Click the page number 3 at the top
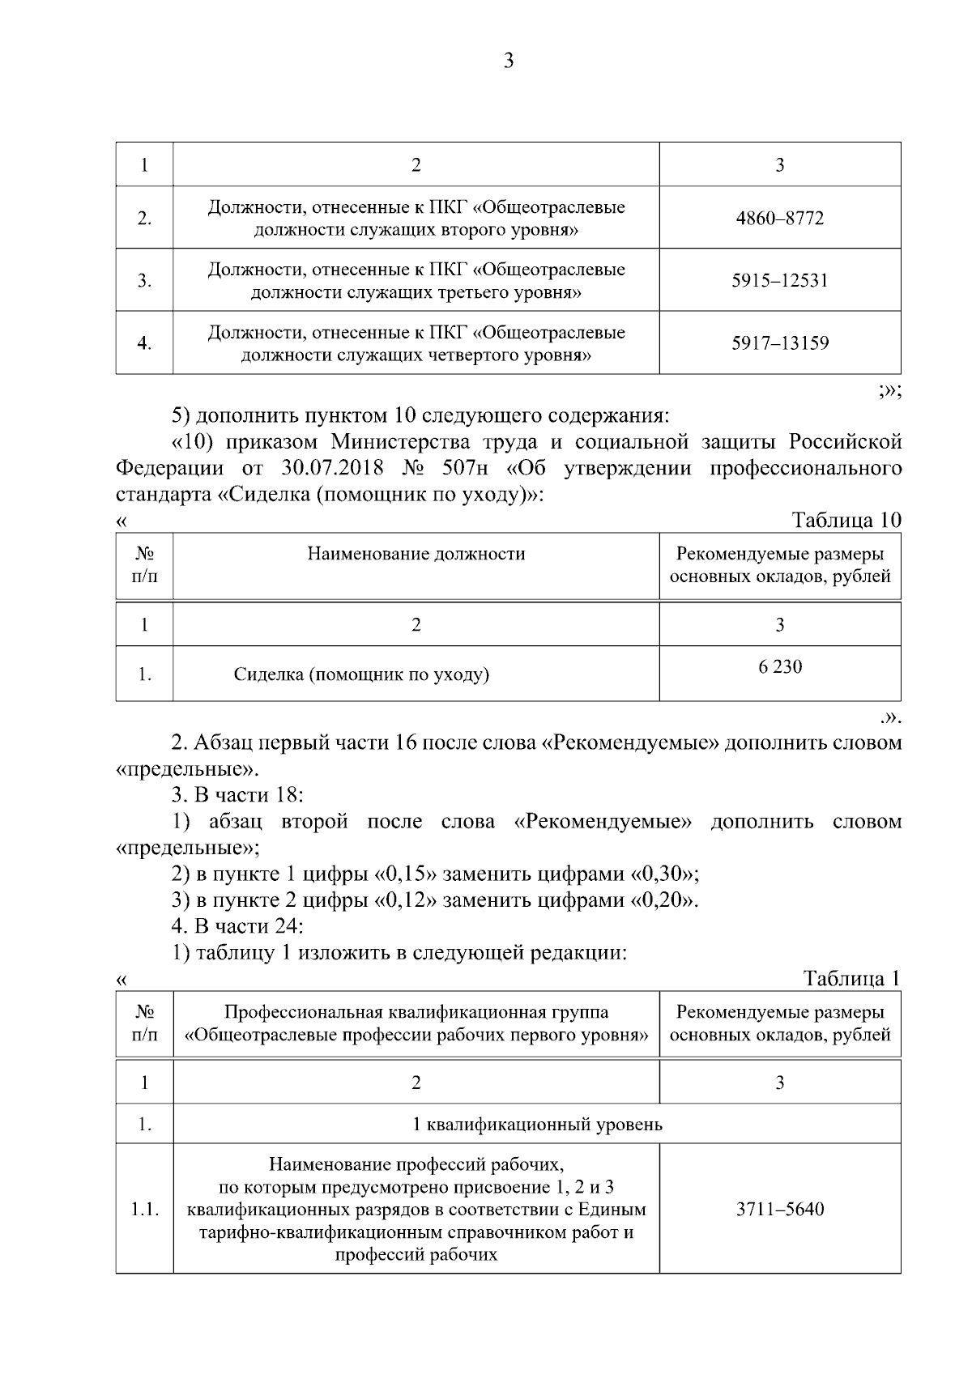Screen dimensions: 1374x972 [509, 62]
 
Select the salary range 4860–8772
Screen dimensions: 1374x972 [779, 219]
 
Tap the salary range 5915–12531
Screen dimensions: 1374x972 [779, 281]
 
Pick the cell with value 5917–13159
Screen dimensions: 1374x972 [779, 343]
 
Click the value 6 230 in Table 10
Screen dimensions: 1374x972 [779, 667]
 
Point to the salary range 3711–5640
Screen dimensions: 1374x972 [779, 1210]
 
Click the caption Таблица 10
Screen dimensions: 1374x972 [846, 520]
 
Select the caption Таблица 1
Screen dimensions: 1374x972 [851, 978]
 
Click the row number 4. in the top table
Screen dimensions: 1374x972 [144, 343]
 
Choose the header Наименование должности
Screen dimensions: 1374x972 [416, 555]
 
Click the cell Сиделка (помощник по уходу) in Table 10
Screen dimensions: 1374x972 [361, 674]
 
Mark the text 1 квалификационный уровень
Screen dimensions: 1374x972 [537, 1125]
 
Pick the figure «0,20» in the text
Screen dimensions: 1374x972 [663, 900]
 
